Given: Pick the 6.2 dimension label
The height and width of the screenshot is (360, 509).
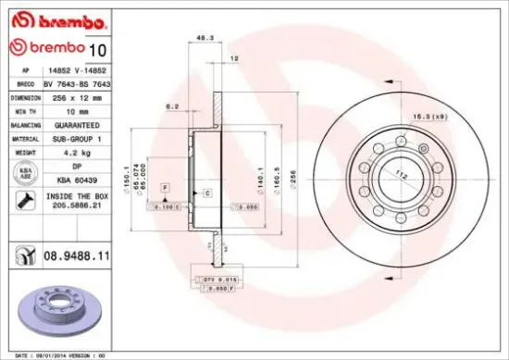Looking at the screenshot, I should (173, 106).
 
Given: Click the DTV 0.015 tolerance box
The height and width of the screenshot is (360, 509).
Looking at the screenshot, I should (219, 279).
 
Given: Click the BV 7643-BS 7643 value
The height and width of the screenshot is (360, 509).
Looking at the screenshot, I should (75, 83).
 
